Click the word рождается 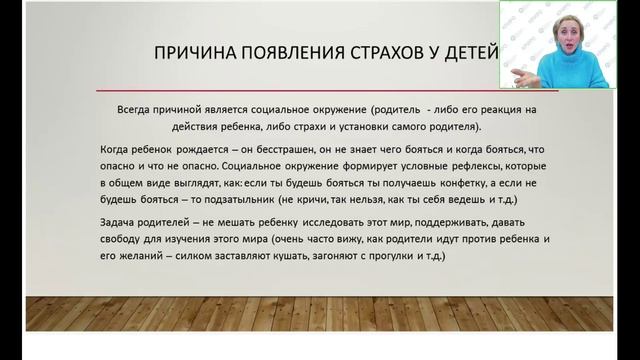(x=201, y=149)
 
